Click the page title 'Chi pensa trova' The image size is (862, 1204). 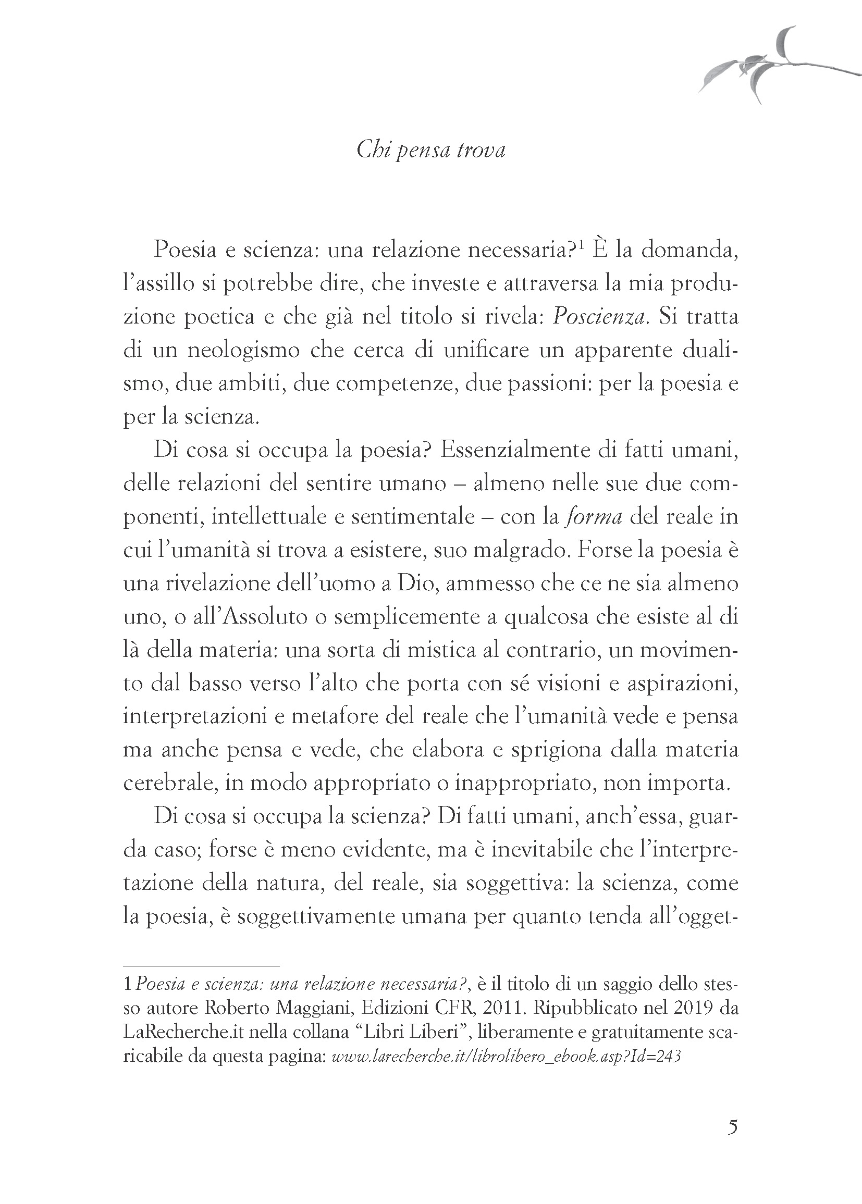pos(430,150)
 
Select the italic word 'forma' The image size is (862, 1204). pos(594,517)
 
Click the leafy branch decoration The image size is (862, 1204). pos(769,66)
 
